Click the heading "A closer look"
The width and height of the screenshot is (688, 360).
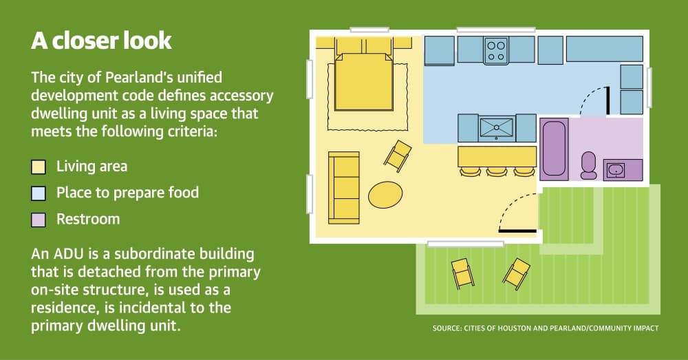click(x=101, y=41)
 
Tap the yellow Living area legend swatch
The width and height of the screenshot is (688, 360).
click(x=39, y=167)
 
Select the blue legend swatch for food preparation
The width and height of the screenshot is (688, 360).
click(x=39, y=193)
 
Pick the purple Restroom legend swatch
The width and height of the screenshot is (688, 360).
click(x=39, y=220)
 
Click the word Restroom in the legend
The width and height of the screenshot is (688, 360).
click(x=88, y=219)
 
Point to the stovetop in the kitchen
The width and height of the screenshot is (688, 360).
click(x=496, y=50)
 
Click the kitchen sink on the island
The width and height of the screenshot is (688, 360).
click(x=497, y=128)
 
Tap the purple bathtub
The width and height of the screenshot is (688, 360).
click(x=554, y=149)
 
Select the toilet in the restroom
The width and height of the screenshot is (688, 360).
click(x=588, y=165)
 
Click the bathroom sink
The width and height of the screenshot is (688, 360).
click(x=616, y=169)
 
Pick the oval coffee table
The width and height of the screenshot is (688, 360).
click(x=385, y=195)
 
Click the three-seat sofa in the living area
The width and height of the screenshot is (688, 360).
click(x=343, y=187)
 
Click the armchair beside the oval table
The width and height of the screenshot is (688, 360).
click(x=398, y=155)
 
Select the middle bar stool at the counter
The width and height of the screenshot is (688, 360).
click(x=497, y=171)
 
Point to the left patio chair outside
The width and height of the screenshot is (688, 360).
click(x=462, y=273)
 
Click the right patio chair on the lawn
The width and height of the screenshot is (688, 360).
click(x=517, y=274)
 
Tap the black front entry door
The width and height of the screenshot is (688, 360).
click(x=518, y=231)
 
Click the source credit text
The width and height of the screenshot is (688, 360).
click(x=546, y=328)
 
